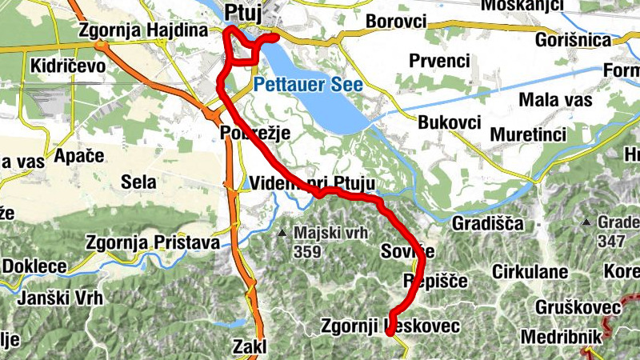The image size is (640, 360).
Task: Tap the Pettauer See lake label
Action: coord(308,84)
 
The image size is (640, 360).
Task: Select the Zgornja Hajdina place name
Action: coord(143,30)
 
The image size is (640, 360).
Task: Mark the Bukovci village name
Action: coord(449,122)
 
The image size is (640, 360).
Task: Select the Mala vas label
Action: coord(555,100)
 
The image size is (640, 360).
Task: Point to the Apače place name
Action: coord(79,156)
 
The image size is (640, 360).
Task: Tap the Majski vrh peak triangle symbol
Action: coord(282,234)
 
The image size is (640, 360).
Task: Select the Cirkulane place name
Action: coord(530,270)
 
